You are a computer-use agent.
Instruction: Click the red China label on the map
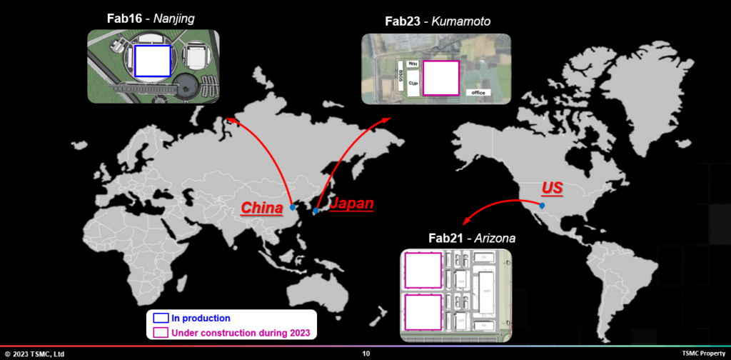coord(262,208)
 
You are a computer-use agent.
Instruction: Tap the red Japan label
coord(351,204)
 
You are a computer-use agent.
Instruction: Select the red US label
coord(552,189)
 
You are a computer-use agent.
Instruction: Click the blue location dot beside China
coord(293,208)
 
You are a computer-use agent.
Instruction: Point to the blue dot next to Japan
coord(316,211)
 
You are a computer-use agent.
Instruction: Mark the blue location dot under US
coord(543,206)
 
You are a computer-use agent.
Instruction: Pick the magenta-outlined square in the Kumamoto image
coord(440,78)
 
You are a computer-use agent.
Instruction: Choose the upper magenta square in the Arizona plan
coord(423,271)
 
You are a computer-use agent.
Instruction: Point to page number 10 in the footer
coord(366,354)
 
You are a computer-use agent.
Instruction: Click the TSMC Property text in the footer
coord(703,354)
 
